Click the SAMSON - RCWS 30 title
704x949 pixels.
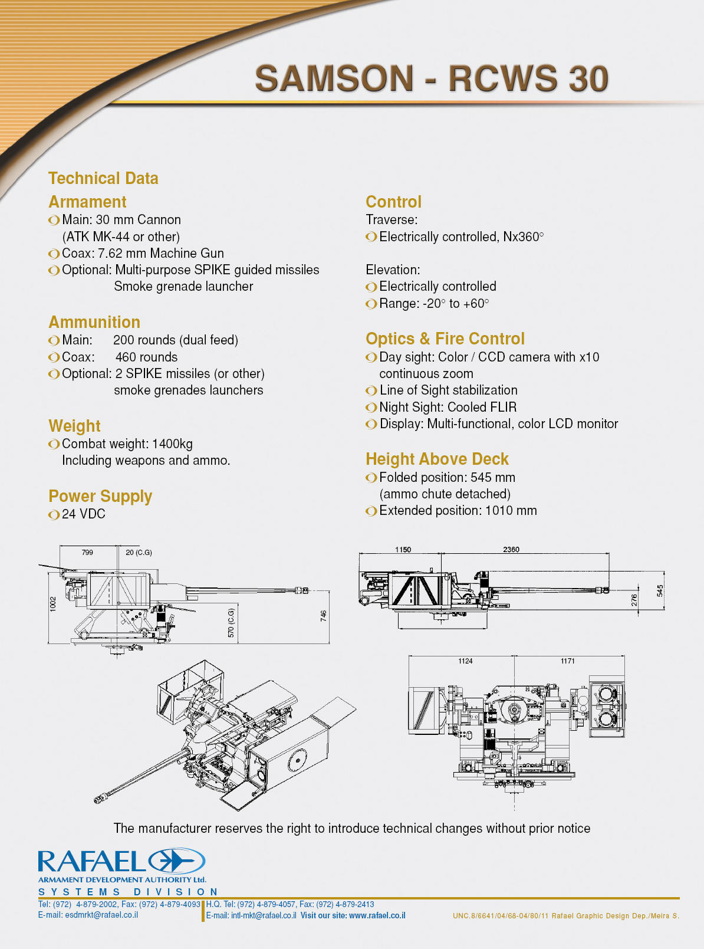click(432, 78)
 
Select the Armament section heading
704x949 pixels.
click(87, 202)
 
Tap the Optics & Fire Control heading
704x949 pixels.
click(445, 339)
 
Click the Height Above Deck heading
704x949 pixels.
click(437, 459)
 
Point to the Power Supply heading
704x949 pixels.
click(100, 496)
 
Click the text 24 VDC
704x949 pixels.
click(83, 514)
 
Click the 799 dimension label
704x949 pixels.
click(87, 553)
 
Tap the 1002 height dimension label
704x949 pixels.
click(53, 604)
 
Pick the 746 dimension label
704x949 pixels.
click(323, 616)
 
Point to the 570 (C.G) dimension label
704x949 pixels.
click(231, 623)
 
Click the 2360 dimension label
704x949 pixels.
click(511, 549)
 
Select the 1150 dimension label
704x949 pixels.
click(403, 549)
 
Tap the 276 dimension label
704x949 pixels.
click(634, 600)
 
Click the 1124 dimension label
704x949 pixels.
click(465, 661)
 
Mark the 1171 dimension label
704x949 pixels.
click(568, 661)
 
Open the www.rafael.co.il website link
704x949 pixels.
click(377, 915)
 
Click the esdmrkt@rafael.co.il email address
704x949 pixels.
click(101, 915)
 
